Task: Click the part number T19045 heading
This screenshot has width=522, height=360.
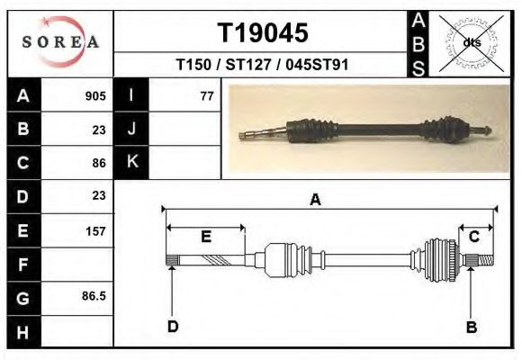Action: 263,33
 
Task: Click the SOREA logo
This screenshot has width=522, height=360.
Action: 60,42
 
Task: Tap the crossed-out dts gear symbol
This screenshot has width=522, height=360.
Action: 471,43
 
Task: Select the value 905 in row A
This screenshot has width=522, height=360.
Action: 95,96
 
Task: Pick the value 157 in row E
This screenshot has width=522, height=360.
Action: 95,231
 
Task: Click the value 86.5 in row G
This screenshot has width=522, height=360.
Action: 94,296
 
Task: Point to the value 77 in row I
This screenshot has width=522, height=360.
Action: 207,96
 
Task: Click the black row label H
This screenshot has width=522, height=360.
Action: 23,332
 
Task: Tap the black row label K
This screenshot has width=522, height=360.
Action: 131,162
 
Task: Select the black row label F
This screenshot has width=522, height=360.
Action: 23,265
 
